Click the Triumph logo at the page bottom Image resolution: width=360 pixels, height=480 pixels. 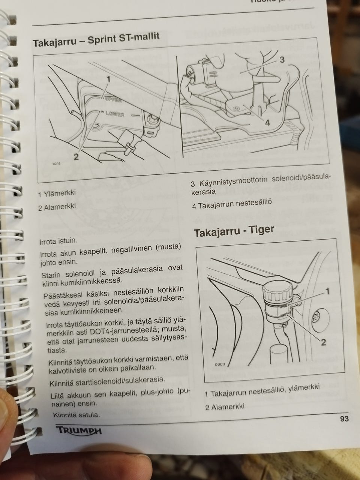[x=79, y=430]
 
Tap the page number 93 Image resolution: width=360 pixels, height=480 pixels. [x=344, y=418]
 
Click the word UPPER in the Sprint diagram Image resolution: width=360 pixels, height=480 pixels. [x=114, y=100]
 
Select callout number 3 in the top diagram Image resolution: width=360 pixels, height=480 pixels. [x=282, y=59]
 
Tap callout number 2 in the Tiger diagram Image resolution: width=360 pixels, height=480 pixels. [x=323, y=342]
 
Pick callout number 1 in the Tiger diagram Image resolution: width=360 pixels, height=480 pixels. [x=327, y=291]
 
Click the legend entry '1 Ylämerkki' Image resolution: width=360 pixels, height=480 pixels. [x=57, y=193]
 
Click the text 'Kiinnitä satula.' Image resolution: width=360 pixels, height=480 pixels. [x=76, y=415]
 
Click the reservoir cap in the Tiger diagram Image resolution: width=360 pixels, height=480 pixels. [x=278, y=292]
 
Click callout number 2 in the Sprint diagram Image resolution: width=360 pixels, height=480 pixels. [x=76, y=157]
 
